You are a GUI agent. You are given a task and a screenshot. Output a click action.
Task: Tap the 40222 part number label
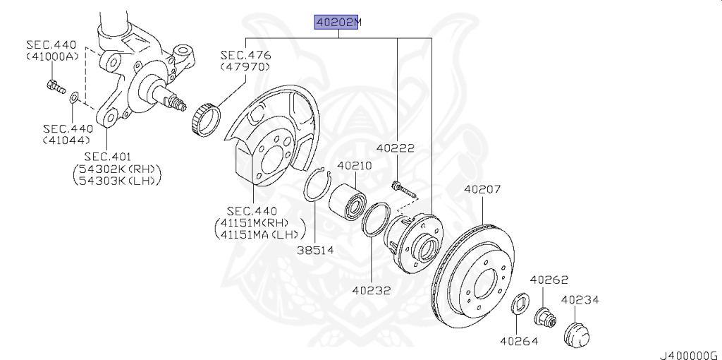(x=396, y=148)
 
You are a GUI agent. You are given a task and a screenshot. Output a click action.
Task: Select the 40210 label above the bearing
(x=355, y=165)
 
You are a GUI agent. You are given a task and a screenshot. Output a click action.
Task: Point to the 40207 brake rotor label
(x=482, y=189)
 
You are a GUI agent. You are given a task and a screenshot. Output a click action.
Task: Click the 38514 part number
(x=315, y=251)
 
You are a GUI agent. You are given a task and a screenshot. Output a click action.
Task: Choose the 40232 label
(x=372, y=290)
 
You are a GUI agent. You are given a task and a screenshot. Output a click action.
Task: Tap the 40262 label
(x=549, y=280)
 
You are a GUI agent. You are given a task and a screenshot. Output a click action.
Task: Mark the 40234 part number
(x=580, y=300)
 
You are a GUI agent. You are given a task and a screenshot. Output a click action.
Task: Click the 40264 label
(x=519, y=341)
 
